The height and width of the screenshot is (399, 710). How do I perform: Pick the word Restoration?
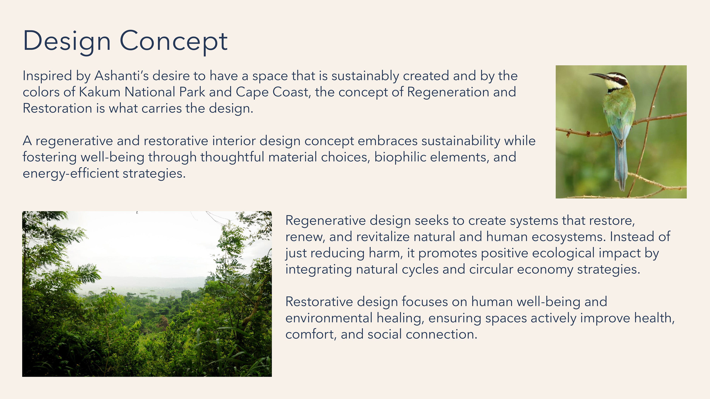[57, 108]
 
